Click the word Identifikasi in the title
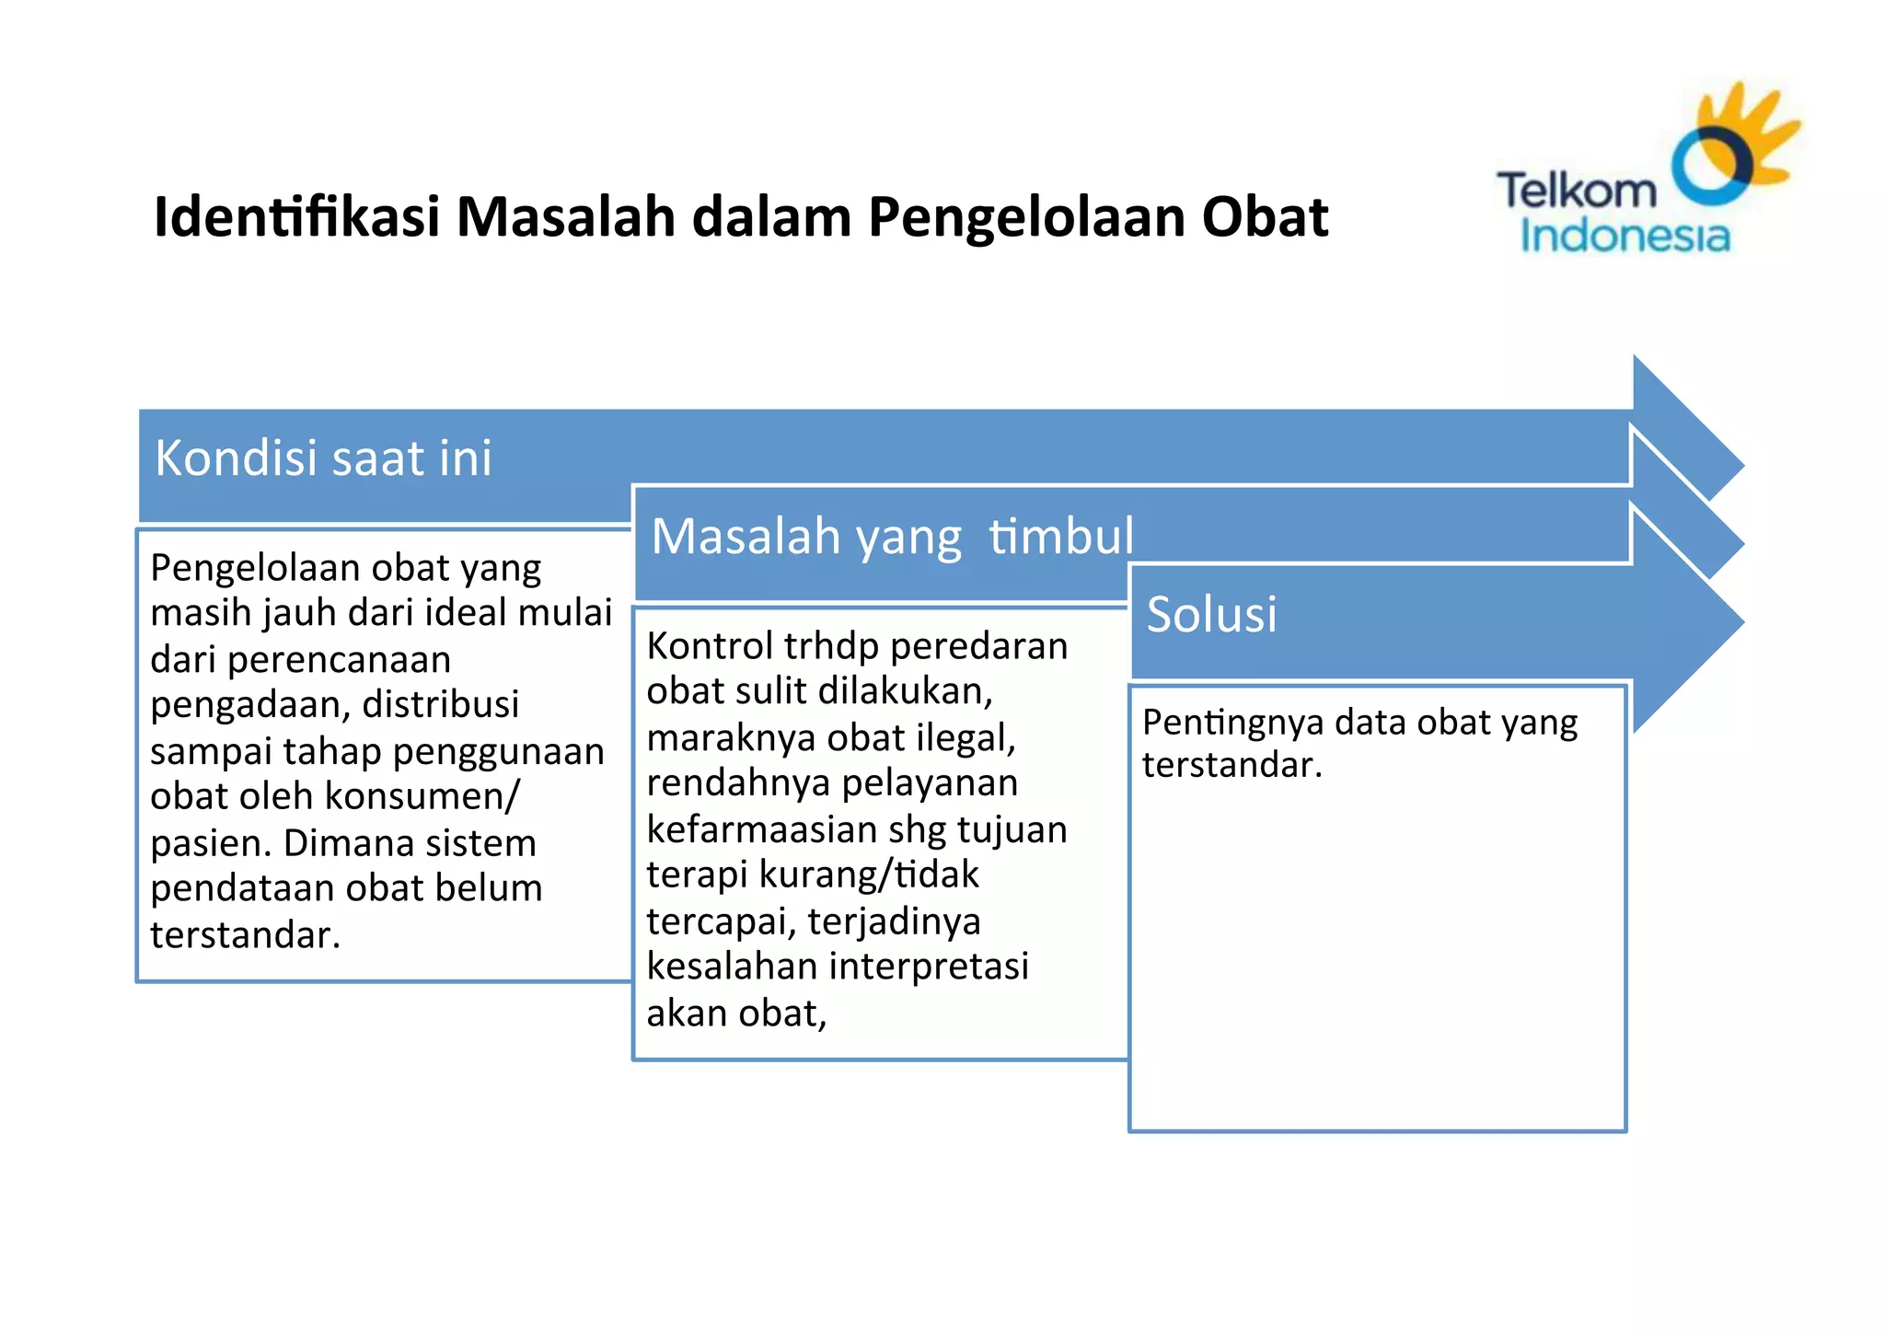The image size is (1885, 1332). click(x=296, y=217)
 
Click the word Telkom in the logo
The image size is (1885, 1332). click(x=1576, y=191)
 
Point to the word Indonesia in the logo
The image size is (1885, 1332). click(x=1625, y=236)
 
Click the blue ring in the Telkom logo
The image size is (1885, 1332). click(x=1710, y=166)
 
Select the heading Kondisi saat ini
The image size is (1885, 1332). click(x=323, y=458)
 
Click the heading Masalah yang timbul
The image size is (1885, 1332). click(x=892, y=536)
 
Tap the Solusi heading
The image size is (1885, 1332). click(x=1211, y=614)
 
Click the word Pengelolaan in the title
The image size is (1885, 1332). click(x=1025, y=217)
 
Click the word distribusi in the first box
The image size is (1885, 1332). click(x=441, y=704)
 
